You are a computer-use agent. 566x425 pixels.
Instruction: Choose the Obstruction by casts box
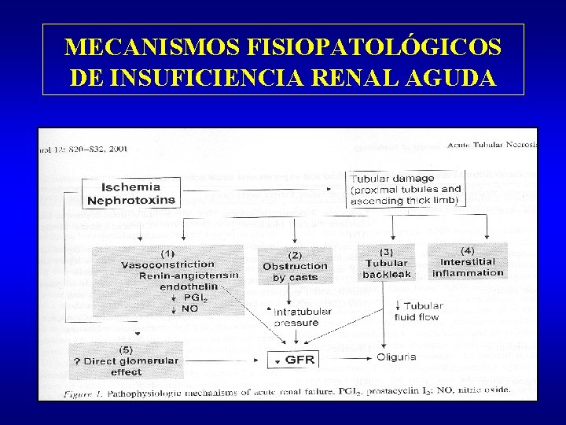(295, 266)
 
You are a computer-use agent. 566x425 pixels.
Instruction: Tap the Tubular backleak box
(387, 264)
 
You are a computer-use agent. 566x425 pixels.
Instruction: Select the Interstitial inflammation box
(468, 261)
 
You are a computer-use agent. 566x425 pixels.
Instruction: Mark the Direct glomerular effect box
(127, 360)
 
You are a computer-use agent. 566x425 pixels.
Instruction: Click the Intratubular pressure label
(302, 317)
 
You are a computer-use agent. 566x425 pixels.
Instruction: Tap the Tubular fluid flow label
(421, 311)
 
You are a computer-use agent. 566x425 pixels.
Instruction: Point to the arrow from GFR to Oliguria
(346, 360)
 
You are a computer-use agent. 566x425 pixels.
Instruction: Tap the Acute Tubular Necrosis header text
(491, 144)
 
